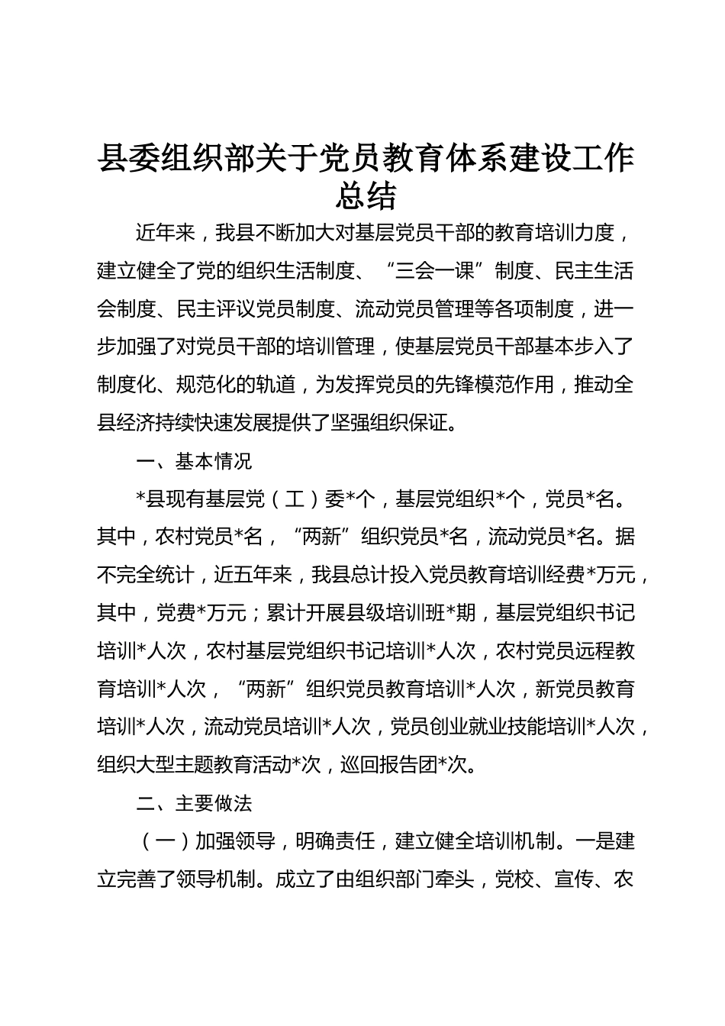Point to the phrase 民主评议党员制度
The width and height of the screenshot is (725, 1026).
[256, 309]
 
